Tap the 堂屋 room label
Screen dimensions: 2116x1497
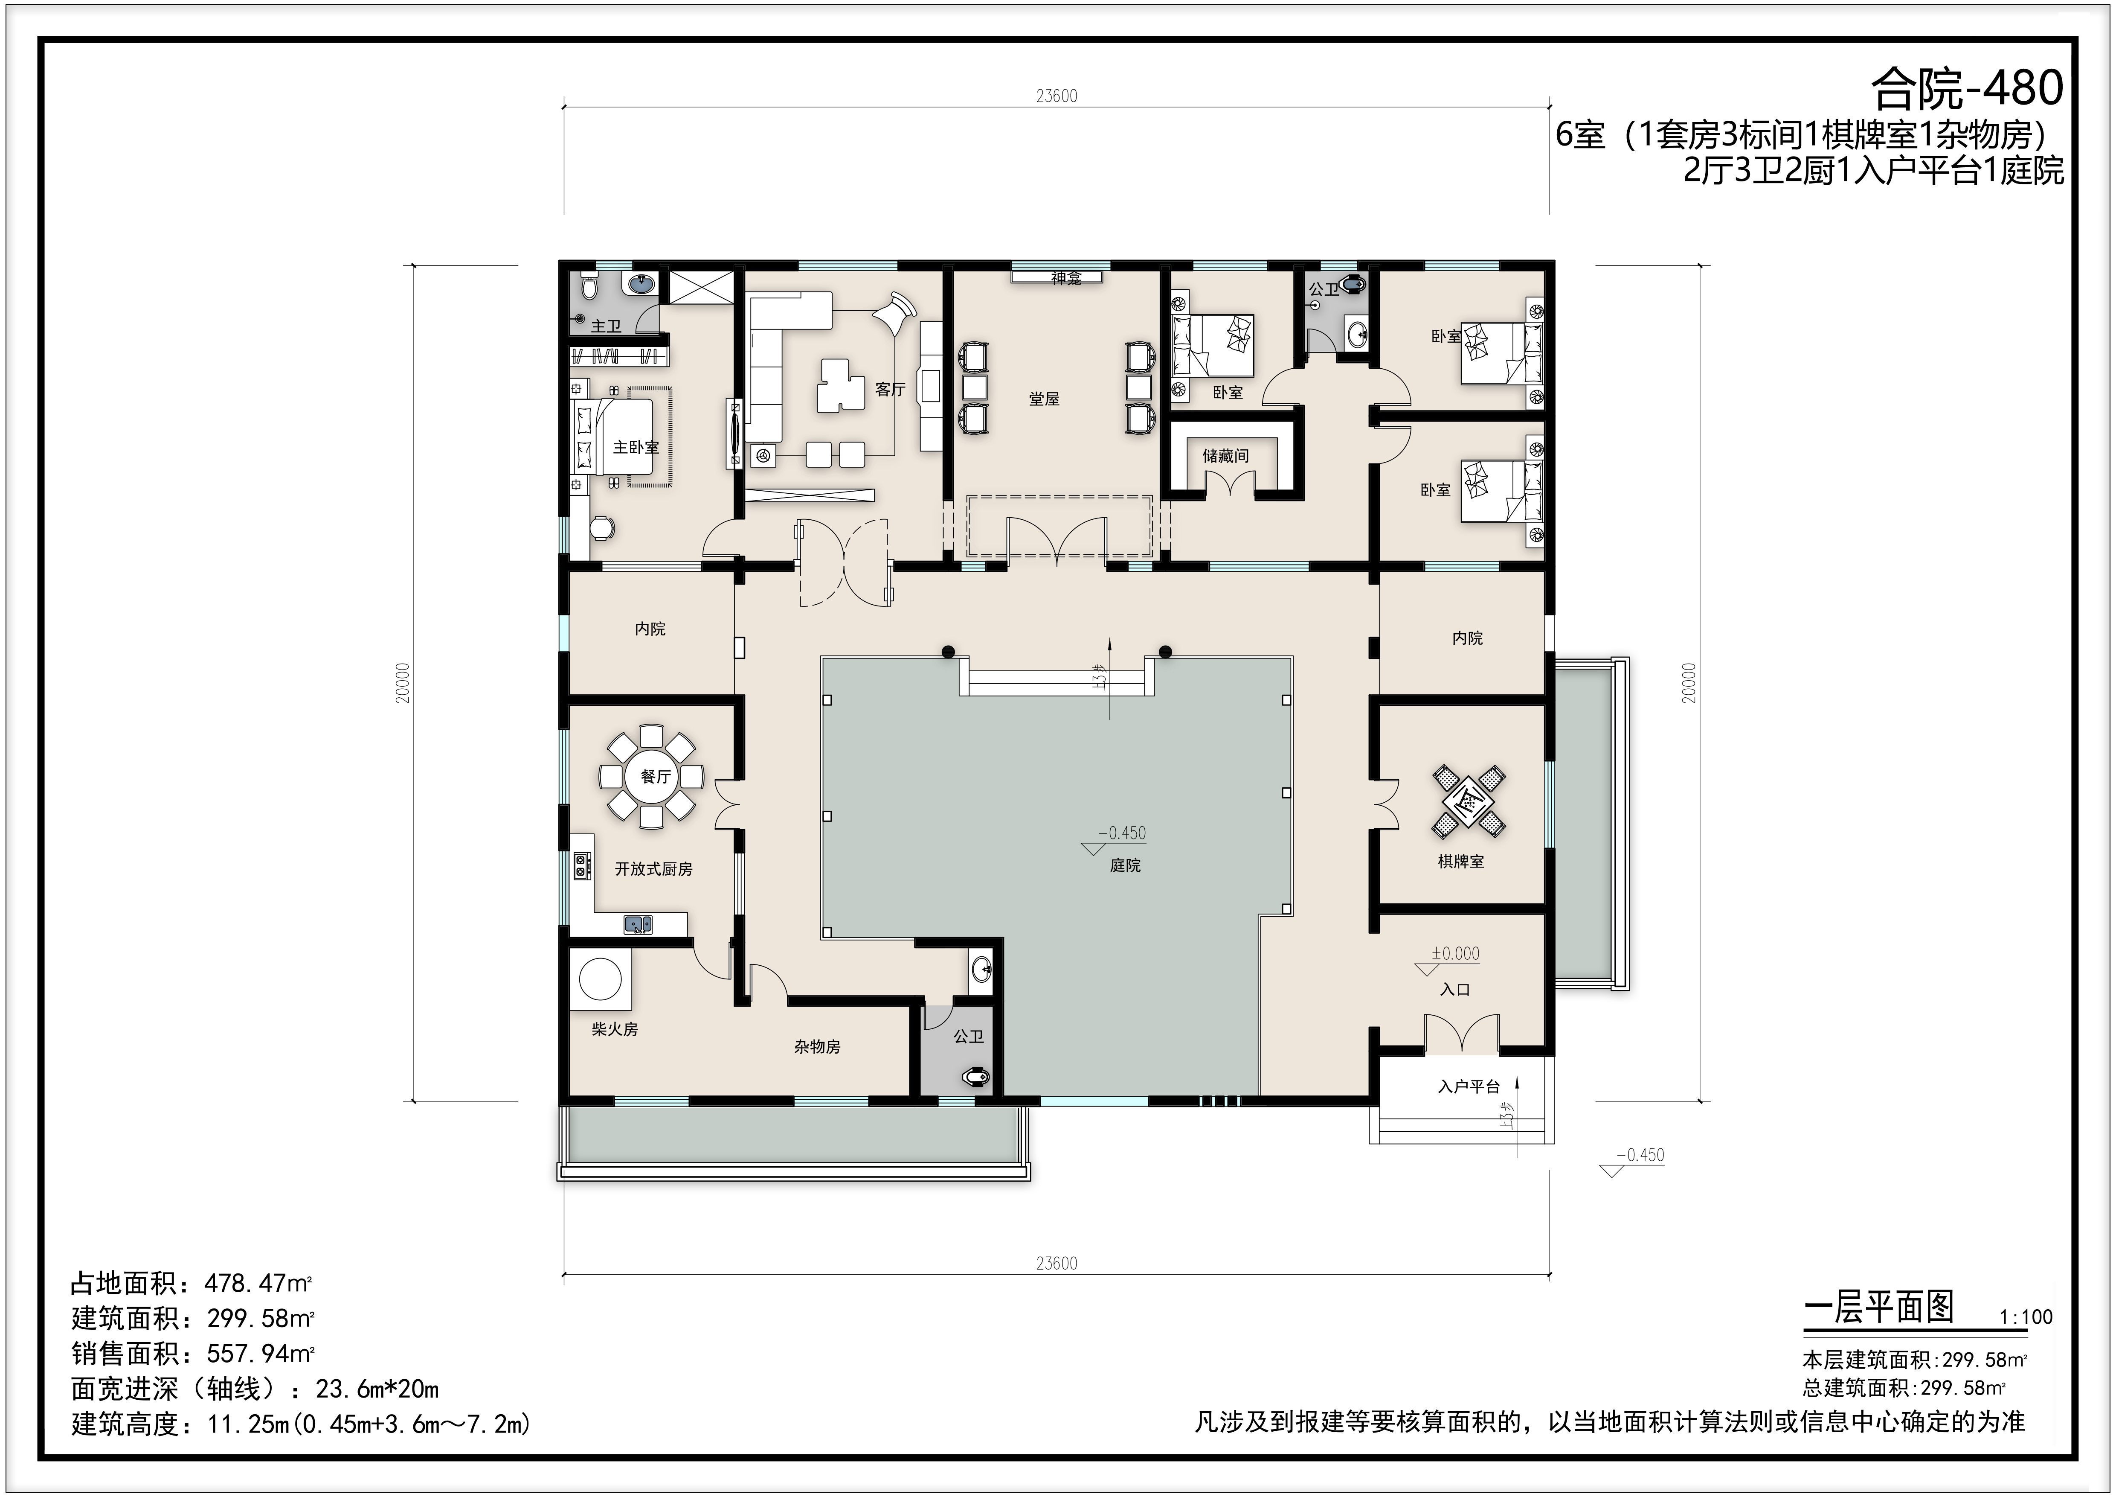click(x=1044, y=399)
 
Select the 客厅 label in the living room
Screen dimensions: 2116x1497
click(x=890, y=390)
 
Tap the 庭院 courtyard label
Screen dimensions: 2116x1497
click(x=1125, y=865)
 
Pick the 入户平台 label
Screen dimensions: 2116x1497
click(x=1468, y=1087)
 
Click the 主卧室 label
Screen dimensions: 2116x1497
click(x=636, y=447)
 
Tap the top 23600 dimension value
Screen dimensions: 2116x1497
click(x=1056, y=96)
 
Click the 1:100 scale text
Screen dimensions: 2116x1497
click(x=2026, y=1317)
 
